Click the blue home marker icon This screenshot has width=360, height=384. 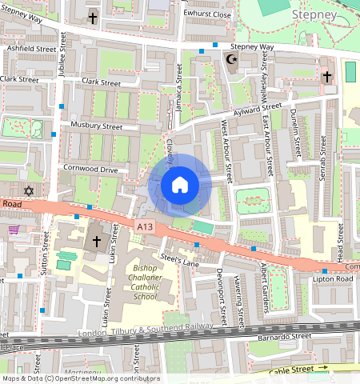coord(180,186)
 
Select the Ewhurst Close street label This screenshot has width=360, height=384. coord(206,14)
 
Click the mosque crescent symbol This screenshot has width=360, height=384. coord(234,59)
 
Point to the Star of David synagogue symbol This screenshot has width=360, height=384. coord(30,191)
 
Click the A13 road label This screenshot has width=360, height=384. coord(145,227)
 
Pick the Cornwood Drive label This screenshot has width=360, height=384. coord(91,170)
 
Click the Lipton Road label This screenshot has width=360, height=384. coord(334,279)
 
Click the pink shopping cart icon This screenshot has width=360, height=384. coord(14,230)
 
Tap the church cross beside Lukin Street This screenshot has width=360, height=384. coord(97,240)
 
